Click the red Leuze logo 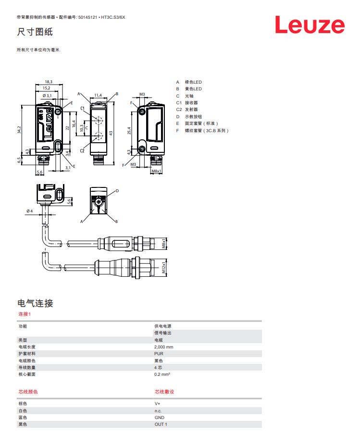(310, 25)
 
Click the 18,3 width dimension (49, 82)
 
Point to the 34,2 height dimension (20, 130)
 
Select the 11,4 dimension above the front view (98, 95)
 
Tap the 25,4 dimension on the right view (129, 130)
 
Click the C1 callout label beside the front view (83, 108)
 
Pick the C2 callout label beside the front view (82, 151)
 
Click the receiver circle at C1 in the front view (98, 119)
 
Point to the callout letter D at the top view (117, 191)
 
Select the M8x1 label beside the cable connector (163, 243)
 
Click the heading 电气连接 (35, 303)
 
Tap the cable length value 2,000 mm (164, 347)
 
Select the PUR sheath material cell (159, 353)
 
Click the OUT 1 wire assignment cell (161, 424)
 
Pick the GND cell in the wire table (159, 418)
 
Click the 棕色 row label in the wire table (23, 404)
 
